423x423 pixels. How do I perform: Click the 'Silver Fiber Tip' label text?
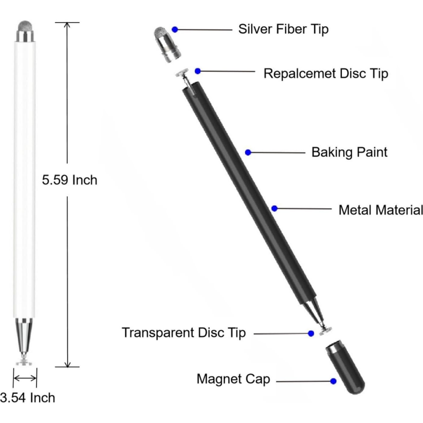pyautogui.click(x=283, y=29)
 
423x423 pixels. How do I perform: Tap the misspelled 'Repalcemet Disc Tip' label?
pyautogui.click(x=325, y=73)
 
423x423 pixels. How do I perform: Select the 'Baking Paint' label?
pyautogui.click(x=349, y=152)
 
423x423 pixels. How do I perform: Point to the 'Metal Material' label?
pyautogui.click(x=380, y=210)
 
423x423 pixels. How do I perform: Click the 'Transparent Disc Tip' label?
pyautogui.click(x=184, y=333)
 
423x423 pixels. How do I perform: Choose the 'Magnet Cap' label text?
pyautogui.click(x=233, y=379)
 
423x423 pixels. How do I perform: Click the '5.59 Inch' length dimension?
pyautogui.click(x=69, y=180)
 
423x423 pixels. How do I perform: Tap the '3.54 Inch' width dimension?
pyautogui.click(x=27, y=398)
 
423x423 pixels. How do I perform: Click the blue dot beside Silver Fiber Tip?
pyautogui.click(x=175, y=30)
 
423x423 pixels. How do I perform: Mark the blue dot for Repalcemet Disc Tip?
pyautogui.click(x=198, y=71)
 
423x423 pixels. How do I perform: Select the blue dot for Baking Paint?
pyautogui.click(x=248, y=153)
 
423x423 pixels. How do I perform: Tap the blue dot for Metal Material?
pyautogui.click(x=274, y=208)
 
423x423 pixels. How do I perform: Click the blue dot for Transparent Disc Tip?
pyautogui.click(x=311, y=334)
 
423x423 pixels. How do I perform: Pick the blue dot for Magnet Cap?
pyautogui.click(x=333, y=381)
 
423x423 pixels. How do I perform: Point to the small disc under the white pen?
pyautogui.click(x=24, y=362)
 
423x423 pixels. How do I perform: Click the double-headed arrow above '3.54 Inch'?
pyautogui.click(x=25, y=378)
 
